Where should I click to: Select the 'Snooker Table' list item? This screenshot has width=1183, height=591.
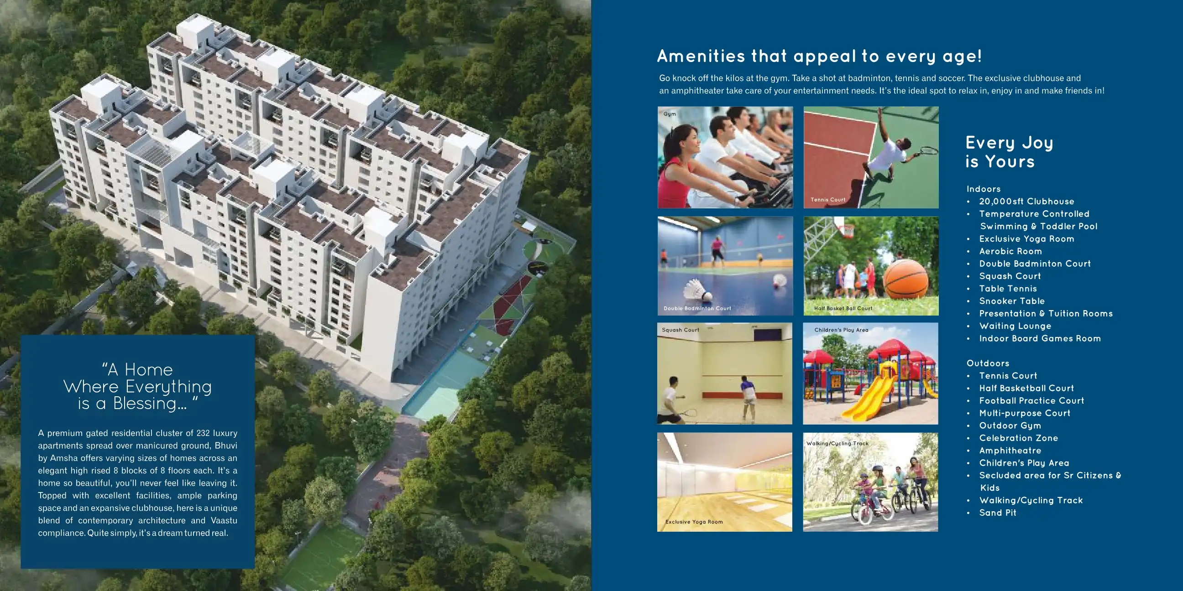[1012, 301]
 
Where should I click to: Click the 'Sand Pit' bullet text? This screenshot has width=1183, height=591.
[997, 513]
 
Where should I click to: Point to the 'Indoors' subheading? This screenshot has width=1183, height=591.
[983, 189]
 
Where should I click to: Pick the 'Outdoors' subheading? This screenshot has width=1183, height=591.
[988, 363]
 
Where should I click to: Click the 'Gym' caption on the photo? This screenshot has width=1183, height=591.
[670, 114]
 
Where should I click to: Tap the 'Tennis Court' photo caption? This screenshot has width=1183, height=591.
[827, 200]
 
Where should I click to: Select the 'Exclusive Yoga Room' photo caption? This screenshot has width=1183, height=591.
[694, 522]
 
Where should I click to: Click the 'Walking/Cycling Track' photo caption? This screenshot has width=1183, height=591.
[837, 443]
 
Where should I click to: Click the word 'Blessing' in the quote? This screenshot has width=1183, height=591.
[150, 403]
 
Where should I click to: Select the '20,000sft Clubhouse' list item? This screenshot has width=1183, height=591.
[1026, 201]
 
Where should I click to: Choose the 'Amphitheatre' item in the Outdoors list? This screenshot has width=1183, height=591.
[1010, 450]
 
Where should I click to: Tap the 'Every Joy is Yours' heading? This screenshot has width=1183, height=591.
[1009, 152]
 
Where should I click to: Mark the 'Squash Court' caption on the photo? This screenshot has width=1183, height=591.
[680, 330]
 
